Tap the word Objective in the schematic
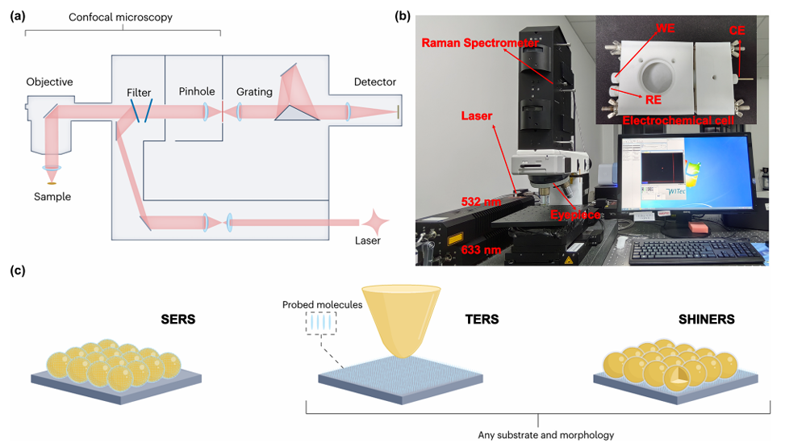coord(49,81)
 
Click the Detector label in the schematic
coord(374,81)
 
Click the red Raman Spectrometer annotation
coord(478,44)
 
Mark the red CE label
coord(736,30)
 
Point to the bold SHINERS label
coord(705,320)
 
